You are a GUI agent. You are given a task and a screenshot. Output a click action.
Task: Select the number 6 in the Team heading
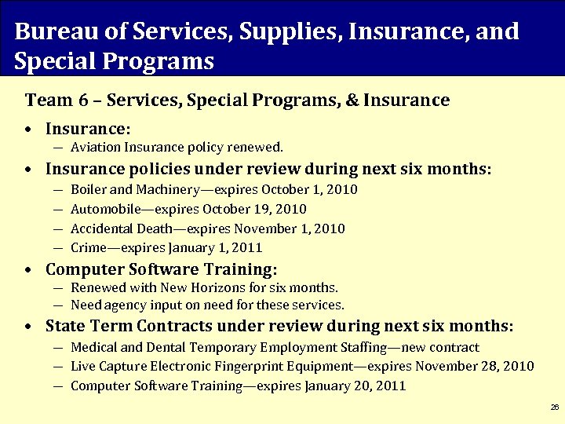click(82, 101)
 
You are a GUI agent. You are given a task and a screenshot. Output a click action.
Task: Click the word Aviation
click(93, 147)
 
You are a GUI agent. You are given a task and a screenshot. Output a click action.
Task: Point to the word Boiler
click(88, 190)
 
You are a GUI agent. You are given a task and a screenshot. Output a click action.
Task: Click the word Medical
click(93, 347)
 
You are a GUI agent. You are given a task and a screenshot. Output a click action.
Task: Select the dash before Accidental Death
click(60, 228)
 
